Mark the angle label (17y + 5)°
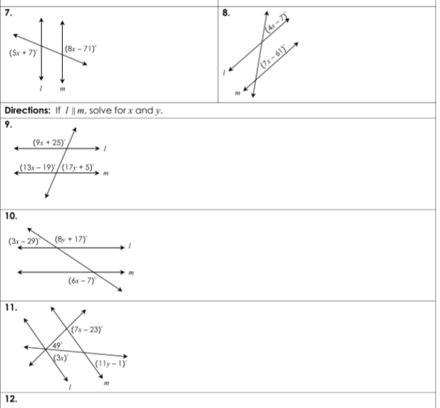(79, 169)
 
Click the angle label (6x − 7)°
(82, 281)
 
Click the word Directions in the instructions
(31, 110)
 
